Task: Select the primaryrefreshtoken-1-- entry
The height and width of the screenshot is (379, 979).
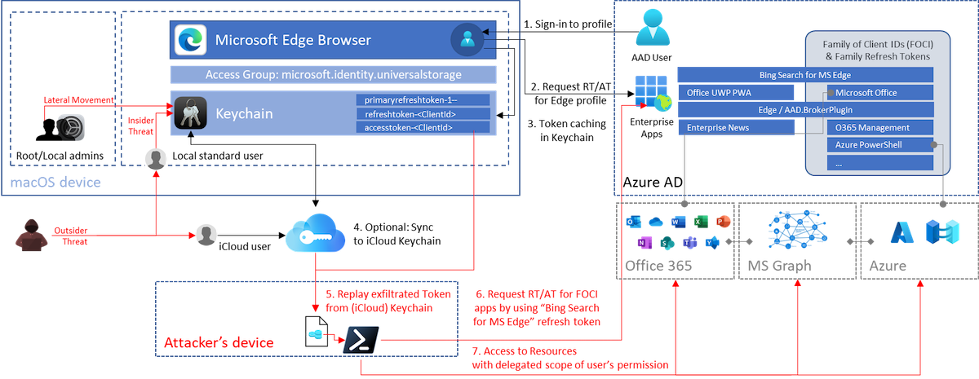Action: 422,99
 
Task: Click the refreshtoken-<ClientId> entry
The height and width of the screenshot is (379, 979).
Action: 422,113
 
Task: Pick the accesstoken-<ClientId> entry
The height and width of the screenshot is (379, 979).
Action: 422,127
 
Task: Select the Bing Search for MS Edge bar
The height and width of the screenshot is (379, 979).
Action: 804,75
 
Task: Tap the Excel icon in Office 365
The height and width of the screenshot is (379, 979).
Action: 698,223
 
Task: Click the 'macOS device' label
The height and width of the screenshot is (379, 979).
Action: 55,183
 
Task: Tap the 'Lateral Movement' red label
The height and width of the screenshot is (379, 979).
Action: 78,99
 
